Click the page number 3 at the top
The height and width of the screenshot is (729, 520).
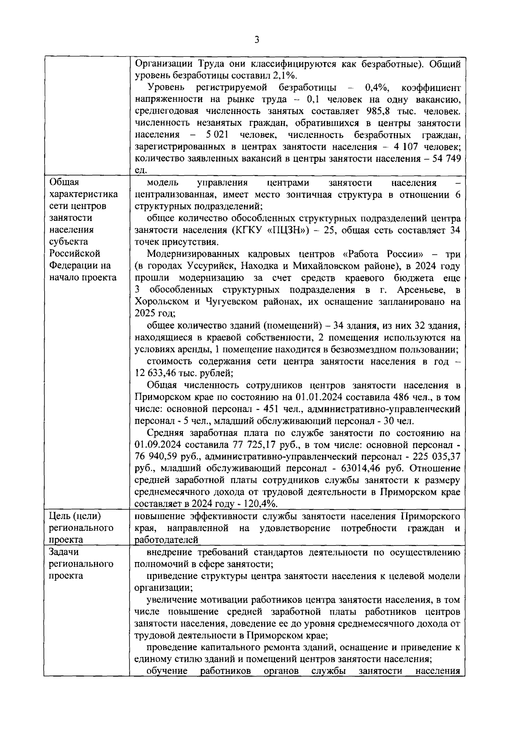pos(257,40)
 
